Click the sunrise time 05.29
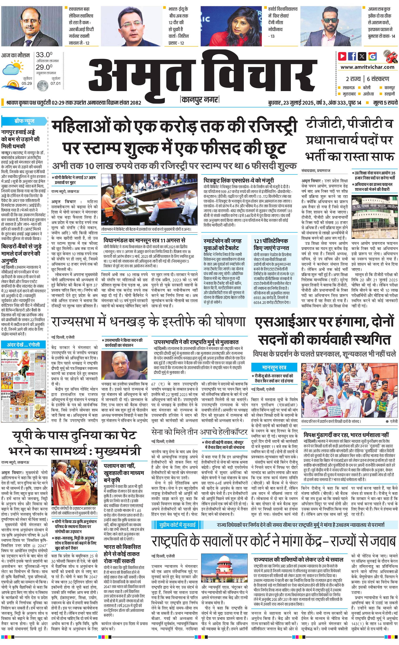(x=27, y=83)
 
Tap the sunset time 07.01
(x=56, y=83)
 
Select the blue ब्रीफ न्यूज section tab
(x=24, y=121)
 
